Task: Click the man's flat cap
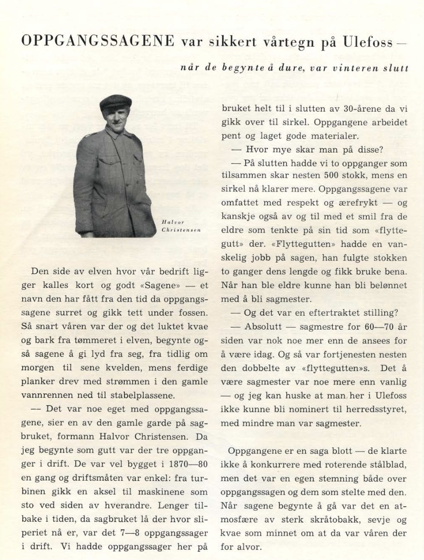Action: click(116, 102)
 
